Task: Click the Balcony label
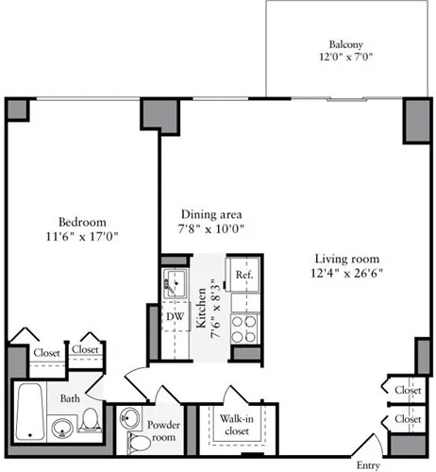(346, 44)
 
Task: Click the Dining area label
(207, 214)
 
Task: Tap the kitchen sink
(175, 282)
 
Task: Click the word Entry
(368, 464)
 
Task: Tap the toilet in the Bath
(90, 417)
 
